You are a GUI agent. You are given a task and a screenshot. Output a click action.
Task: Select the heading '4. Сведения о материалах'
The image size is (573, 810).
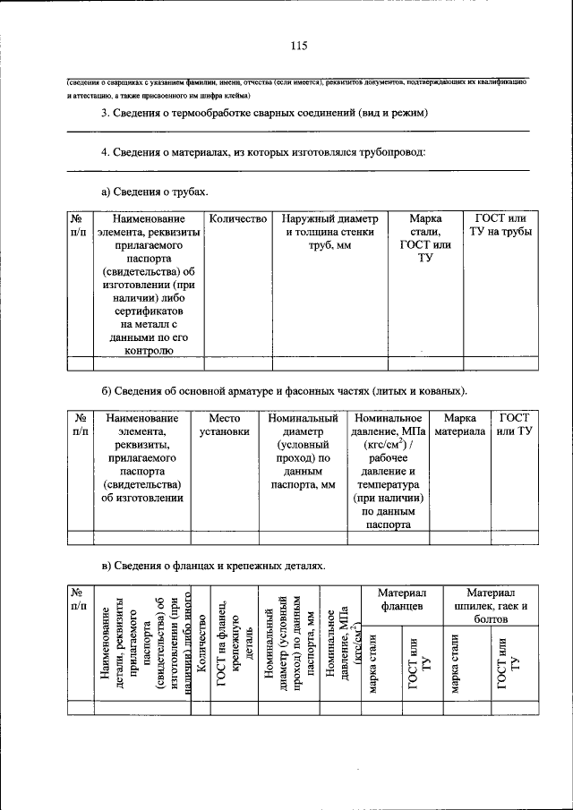click(x=262, y=152)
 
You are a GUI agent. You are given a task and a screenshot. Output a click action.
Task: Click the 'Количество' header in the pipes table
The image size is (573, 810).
click(x=238, y=219)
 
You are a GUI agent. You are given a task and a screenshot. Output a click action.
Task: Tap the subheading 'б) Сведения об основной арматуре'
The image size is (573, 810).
click(x=284, y=391)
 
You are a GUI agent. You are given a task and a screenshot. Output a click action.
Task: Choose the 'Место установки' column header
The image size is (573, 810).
click(x=225, y=425)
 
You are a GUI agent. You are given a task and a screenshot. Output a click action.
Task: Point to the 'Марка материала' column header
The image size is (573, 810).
click(x=459, y=425)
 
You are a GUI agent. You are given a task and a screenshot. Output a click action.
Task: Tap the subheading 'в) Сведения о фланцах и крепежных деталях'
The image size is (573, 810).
click(x=208, y=566)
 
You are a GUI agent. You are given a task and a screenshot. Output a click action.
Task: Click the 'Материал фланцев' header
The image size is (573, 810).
click(x=401, y=601)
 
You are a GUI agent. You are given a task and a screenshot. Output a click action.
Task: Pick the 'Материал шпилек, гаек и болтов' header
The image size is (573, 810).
click(x=492, y=607)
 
